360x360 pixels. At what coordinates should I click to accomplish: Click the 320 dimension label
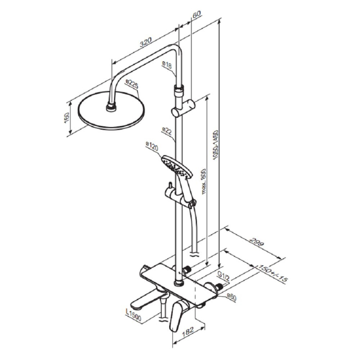point(146,42)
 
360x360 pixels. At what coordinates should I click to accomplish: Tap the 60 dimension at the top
point(196,14)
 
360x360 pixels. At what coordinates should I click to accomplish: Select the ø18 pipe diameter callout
point(167,65)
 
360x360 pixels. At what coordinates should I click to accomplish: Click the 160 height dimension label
point(66,118)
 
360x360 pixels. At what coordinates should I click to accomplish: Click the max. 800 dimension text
point(204,182)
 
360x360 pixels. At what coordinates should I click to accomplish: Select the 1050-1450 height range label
point(215,145)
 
